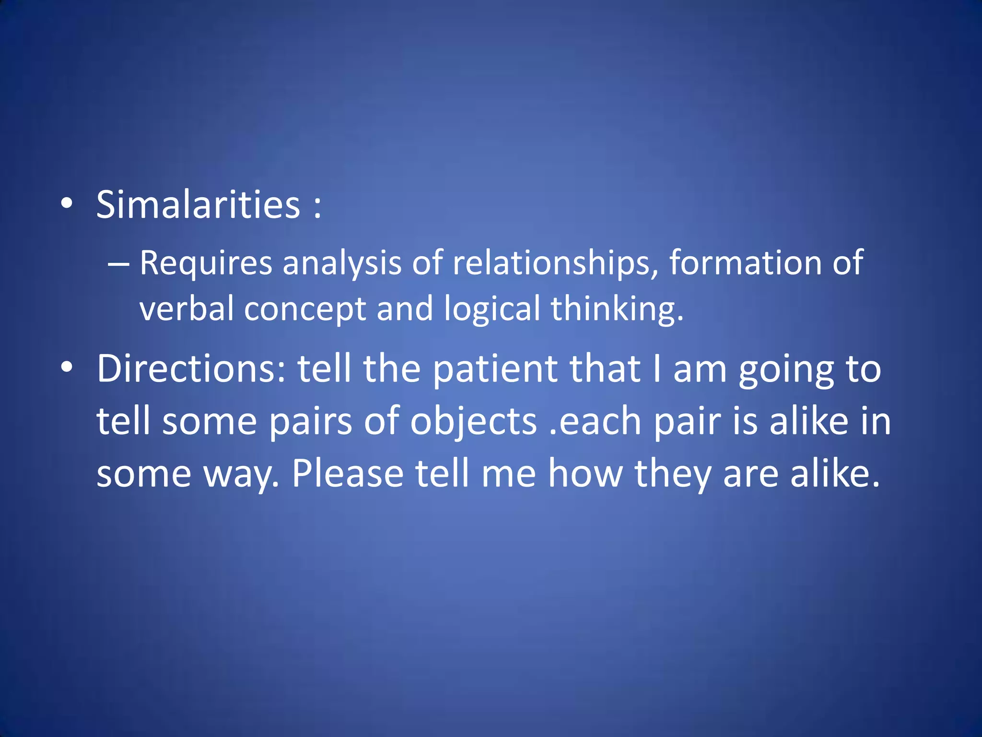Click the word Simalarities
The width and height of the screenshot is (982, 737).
198,205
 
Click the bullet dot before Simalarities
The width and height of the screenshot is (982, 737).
67,204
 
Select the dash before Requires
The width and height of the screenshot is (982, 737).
118,264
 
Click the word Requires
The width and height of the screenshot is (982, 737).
206,264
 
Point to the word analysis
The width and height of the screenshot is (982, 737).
341,264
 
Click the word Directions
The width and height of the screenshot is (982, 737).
191,369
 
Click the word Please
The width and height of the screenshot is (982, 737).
348,474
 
